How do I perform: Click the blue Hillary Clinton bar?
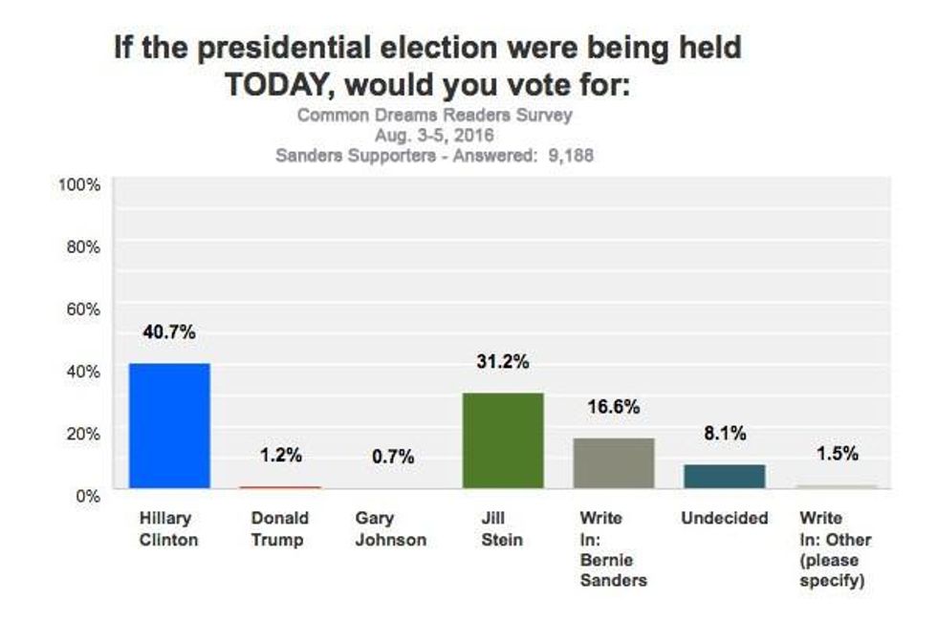pyautogui.click(x=169, y=426)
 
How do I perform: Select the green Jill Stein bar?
pyautogui.click(x=503, y=440)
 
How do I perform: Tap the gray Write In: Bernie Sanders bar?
pyautogui.click(x=614, y=463)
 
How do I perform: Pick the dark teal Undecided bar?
pyautogui.click(x=725, y=476)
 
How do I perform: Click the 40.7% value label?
pyautogui.click(x=169, y=332)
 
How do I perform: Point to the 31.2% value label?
pyautogui.click(x=503, y=362)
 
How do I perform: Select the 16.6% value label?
pyautogui.click(x=614, y=407)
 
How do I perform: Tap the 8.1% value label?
pyautogui.click(x=725, y=433)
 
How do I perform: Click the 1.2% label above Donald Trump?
pyautogui.click(x=280, y=456)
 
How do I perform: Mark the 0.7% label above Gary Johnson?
pyautogui.click(x=392, y=458)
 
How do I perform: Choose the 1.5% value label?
pyautogui.click(x=837, y=454)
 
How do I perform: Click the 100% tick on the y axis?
pyautogui.click(x=80, y=184)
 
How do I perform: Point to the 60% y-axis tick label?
pyautogui.click(x=84, y=309)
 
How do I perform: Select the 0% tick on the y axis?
pyautogui.click(x=88, y=495)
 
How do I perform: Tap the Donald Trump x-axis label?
pyautogui.click(x=280, y=529)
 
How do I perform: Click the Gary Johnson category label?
pyautogui.click(x=391, y=529)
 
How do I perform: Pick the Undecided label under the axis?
pyautogui.click(x=725, y=519)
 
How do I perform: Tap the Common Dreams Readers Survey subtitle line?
pyautogui.click(x=435, y=116)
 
